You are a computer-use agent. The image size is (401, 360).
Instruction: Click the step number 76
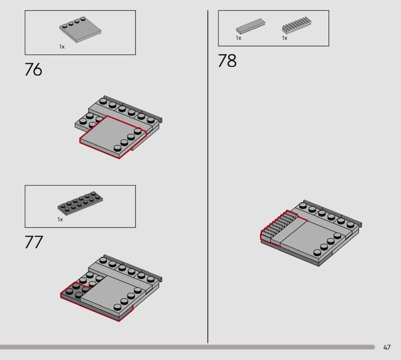[x=33, y=69]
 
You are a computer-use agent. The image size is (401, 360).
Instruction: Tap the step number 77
[x=34, y=242]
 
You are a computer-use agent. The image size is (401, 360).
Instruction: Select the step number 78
[x=227, y=61]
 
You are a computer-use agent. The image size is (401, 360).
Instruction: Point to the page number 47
[x=387, y=347]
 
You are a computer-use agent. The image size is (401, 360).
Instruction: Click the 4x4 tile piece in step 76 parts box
[x=80, y=30]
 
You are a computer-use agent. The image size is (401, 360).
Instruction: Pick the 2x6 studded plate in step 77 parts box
[x=80, y=203]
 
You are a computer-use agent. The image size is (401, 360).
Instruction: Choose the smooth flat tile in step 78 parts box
[x=250, y=26]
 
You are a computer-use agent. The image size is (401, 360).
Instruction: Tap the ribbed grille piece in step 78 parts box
[x=297, y=25]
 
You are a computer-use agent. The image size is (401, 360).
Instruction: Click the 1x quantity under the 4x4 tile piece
[x=62, y=47]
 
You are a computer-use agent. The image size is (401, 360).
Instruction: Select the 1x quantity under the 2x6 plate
[x=60, y=220]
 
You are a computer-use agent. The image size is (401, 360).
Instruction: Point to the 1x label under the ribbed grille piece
[x=285, y=38]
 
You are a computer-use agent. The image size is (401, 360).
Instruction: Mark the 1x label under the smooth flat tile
[x=239, y=38]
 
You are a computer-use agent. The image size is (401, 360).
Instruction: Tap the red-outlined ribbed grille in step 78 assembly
[x=279, y=225]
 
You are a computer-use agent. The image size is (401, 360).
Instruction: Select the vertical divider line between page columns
[x=208, y=176]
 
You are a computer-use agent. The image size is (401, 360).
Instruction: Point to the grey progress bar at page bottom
[x=187, y=347]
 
